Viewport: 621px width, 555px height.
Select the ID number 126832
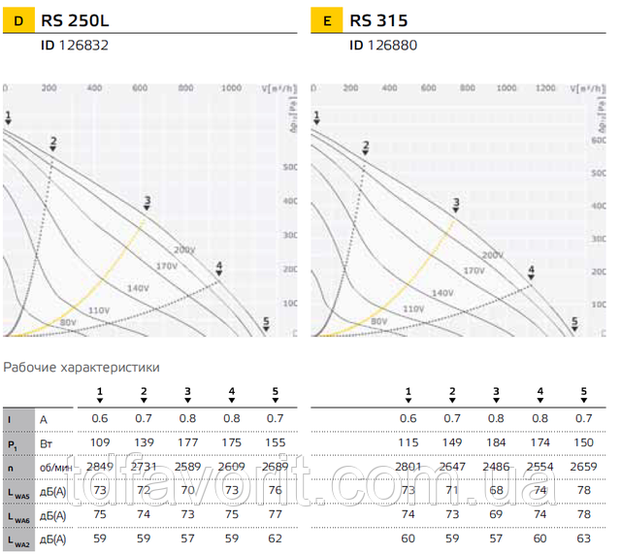pyautogui.click(x=82, y=45)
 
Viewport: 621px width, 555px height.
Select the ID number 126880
pyautogui.click(x=390, y=45)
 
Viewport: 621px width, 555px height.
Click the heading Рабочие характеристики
pyautogui.click(x=82, y=368)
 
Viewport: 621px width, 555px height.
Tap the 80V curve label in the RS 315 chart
pyautogui.click(x=378, y=320)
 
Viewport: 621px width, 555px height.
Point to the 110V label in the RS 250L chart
pyautogui.click(x=99, y=310)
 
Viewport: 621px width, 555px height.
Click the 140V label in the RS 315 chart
pyautogui.click(x=441, y=292)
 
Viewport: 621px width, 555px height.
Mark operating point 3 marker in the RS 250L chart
pyautogui.click(x=147, y=203)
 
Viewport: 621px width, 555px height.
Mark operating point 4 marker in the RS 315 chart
pyautogui.click(x=531, y=273)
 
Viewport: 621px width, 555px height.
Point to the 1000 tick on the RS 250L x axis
pyautogui.click(x=231, y=88)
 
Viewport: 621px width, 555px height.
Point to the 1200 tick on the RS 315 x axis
pyautogui.click(x=546, y=88)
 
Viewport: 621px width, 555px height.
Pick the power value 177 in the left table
pyautogui.click(x=187, y=442)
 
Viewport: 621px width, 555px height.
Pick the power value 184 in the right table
pyautogui.click(x=496, y=442)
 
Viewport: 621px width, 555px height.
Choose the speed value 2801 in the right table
pyautogui.click(x=408, y=467)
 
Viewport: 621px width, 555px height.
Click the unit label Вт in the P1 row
pyautogui.click(x=45, y=442)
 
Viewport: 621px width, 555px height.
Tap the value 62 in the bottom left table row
pyautogui.click(x=275, y=539)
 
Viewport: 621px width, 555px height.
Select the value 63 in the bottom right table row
pyautogui.click(x=583, y=539)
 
